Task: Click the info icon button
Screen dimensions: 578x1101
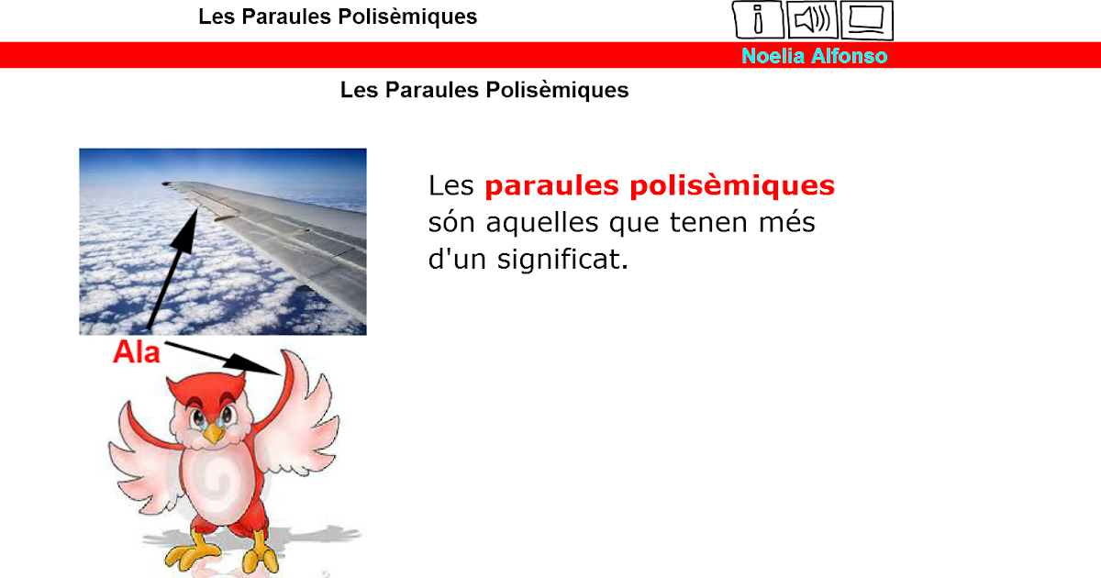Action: [x=758, y=19]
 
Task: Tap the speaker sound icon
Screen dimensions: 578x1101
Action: [x=812, y=19]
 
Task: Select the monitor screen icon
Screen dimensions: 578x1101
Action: [x=866, y=19]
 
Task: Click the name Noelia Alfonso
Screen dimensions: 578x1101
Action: [x=814, y=56]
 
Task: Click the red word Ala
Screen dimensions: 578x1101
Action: [x=136, y=352]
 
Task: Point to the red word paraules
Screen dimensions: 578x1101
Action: [x=551, y=186]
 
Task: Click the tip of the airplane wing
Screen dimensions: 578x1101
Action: [x=167, y=183]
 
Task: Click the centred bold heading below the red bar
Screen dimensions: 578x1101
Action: [x=484, y=90]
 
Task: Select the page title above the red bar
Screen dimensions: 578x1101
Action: [x=338, y=17]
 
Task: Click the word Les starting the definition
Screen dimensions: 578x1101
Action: [x=450, y=186]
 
